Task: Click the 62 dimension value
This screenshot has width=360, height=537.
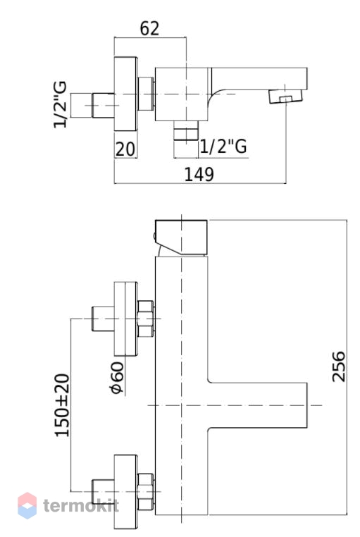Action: (149, 28)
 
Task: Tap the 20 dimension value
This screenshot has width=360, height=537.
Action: (125, 149)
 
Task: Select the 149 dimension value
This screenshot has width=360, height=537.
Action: (199, 174)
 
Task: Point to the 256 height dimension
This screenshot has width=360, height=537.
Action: (339, 366)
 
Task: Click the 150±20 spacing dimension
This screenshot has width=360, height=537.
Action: (62, 405)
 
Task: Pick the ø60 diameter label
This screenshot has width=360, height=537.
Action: (117, 378)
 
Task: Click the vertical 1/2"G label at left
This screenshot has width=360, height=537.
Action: (60, 105)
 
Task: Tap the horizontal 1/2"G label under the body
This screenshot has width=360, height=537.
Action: (223, 147)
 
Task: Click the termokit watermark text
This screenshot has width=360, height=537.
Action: (81, 505)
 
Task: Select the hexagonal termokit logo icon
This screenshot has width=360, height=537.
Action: (27, 505)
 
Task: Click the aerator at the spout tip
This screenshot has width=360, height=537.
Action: (286, 97)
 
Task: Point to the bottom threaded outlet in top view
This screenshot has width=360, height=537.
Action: (186, 130)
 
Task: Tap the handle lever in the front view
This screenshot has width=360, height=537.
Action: (181, 238)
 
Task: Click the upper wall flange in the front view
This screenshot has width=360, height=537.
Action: (125, 319)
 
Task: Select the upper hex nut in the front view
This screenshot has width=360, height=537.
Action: (145, 319)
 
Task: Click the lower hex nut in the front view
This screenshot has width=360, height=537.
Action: (145, 492)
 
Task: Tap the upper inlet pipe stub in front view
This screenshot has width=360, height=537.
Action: (103, 319)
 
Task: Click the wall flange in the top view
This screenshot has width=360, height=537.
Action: (125, 94)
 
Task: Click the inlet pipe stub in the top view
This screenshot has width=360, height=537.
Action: (103, 105)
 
